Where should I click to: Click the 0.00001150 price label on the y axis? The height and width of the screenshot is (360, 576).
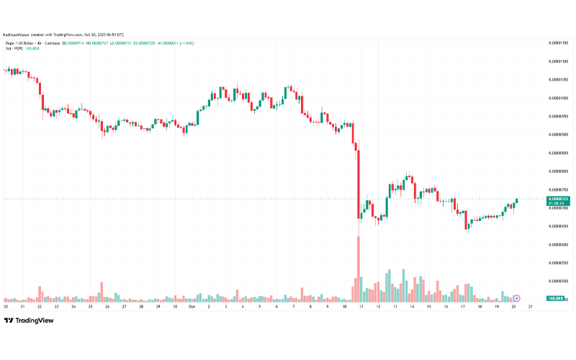point(558,42)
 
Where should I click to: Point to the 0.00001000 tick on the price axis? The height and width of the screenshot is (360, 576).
point(558,98)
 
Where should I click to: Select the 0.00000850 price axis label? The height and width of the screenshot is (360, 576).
point(558,153)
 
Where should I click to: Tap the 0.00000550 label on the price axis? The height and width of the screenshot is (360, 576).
point(558,263)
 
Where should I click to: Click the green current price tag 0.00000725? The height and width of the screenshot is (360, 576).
point(558,198)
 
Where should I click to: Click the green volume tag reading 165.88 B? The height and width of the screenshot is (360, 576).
point(555,297)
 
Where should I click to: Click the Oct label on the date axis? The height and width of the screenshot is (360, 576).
point(192,306)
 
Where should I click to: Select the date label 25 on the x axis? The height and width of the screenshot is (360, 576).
point(90,306)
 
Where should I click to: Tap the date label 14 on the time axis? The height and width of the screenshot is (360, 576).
point(411,306)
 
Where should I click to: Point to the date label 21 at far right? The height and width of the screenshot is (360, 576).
point(530,306)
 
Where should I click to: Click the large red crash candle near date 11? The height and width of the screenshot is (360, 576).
point(358,180)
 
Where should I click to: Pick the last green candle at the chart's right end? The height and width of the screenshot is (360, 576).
point(516,201)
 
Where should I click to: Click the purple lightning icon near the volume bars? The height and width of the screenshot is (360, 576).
point(517,297)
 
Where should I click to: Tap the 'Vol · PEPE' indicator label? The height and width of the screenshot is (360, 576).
point(14,50)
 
